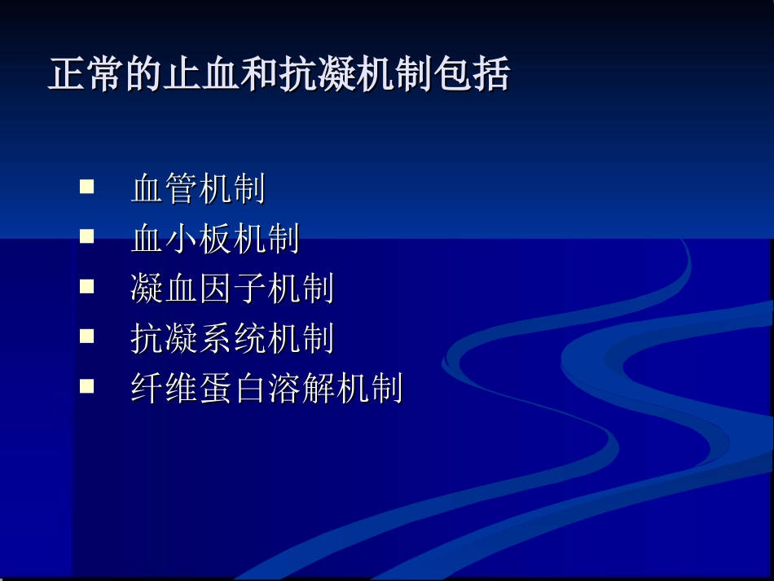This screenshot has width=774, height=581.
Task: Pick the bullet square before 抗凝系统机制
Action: pyautogui.click(x=86, y=336)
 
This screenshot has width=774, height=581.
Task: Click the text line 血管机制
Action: pyautogui.click(x=198, y=190)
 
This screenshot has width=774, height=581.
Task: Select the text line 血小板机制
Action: pyautogui.click(x=215, y=240)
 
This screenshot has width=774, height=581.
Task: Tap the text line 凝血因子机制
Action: pyautogui.click(x=232, y=289)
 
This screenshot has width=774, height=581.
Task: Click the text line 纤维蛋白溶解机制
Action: pyautogui.click(x=266, y=389)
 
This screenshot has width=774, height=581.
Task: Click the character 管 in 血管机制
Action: pyautogui.click(x=182, y=190)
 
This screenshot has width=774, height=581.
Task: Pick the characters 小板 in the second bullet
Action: pyautogui.click(x=198, y=240)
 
